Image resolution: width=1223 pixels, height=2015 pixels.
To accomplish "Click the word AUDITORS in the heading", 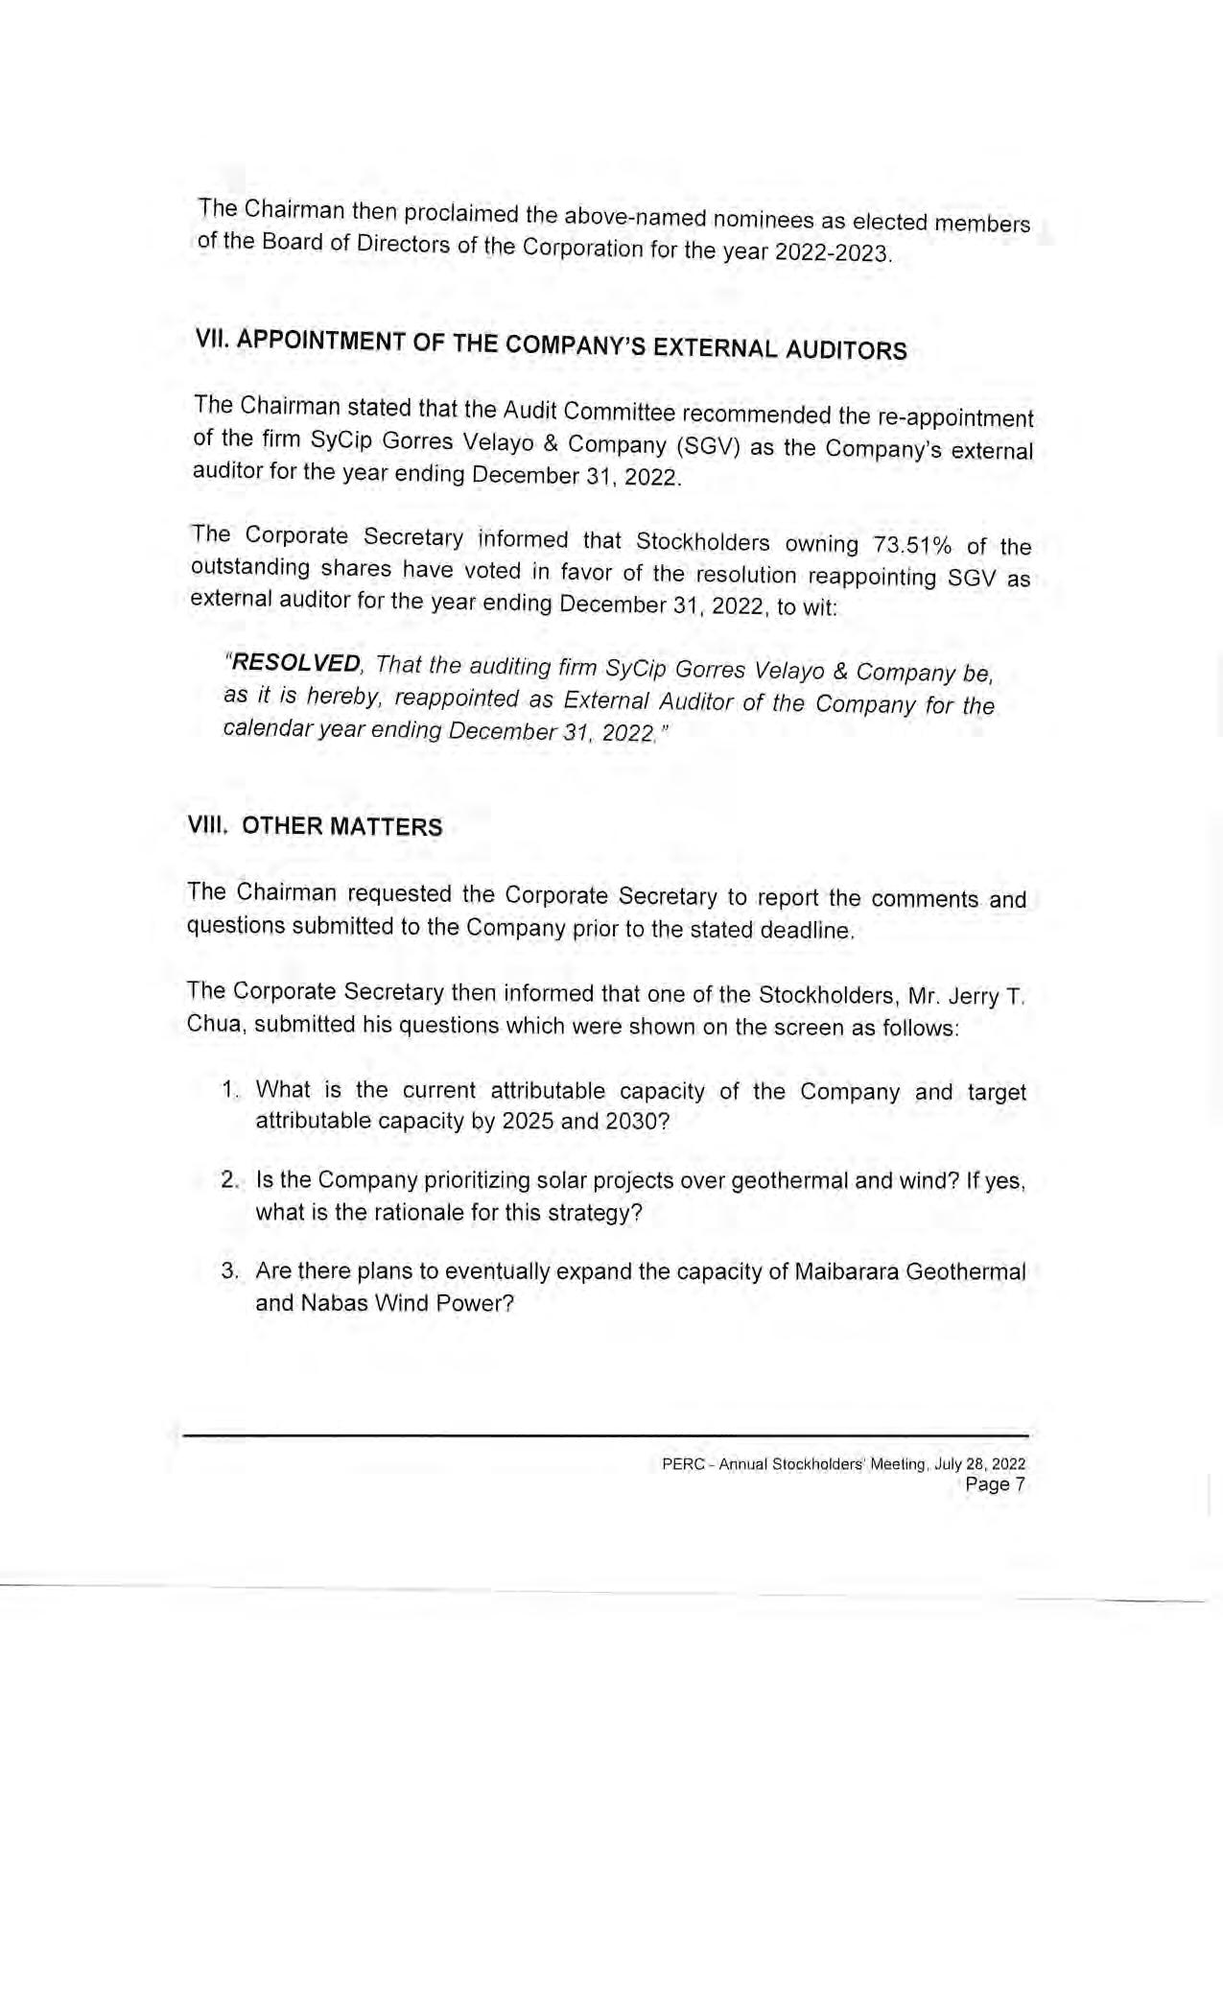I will [x=846, y=350].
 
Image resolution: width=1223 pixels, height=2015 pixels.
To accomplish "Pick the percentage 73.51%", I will [x=912, y=545].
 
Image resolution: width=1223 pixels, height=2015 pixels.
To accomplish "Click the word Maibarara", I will [x=844, y=1272].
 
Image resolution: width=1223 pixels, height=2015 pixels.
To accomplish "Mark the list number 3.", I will [x=229, y=1271].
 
